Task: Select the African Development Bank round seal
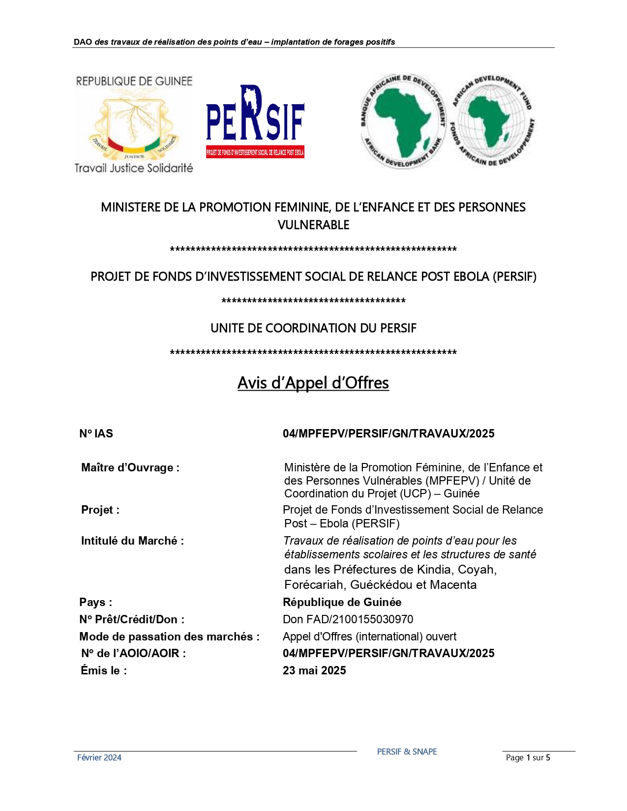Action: pyautogui.click(x=403, y=121)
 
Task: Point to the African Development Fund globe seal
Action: pyautogui.click(x=492, y=121)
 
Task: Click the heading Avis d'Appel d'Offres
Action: pyautogui.click(x=313, y=383)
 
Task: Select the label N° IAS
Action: pyautogui.click(x=96, y=434)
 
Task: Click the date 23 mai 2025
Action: pyautogui.click(x=314, y=670)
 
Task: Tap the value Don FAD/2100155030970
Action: pyautogui.click(x=348, y=619)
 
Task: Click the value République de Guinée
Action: pyautogui.click(x=342, y=602)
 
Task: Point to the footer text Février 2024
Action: pyautogui.click(x=99, y=757)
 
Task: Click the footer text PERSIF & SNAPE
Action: pyautogui.click(x=407, y=752)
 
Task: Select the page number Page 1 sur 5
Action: pyautogui.click(x=528, y=757)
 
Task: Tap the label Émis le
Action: pyautogui.click(x=104, y=670)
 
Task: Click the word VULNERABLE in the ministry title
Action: pyautogui.click(x=313, y=225)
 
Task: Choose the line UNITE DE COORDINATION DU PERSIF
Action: pyautogui.click(x=313, y=328)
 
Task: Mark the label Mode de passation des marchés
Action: pyautogui.click(x=169, y=637)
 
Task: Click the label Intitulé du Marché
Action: pyautogui.click(x=132, y=541)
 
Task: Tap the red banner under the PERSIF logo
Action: pyautogui.click(x=255, y=152)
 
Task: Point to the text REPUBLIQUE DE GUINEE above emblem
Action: pyautogui.click(x=134, y=81)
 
